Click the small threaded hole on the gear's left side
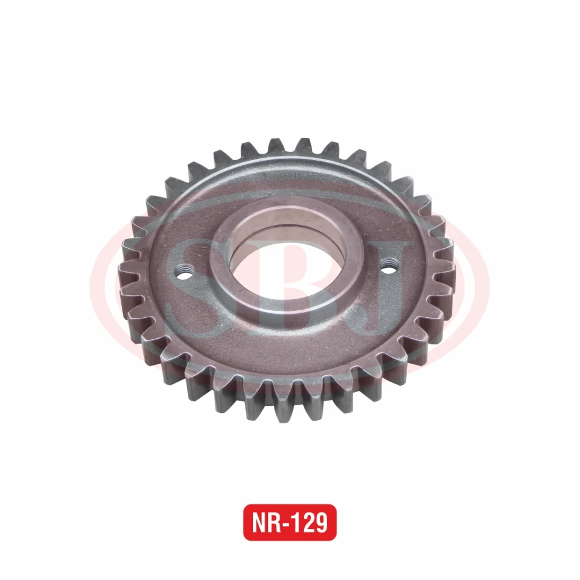point(184,273)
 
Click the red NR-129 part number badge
point(289,522)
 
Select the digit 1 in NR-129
point(298,523)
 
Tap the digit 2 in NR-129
point(310,523)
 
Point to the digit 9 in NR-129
point(324,523)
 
